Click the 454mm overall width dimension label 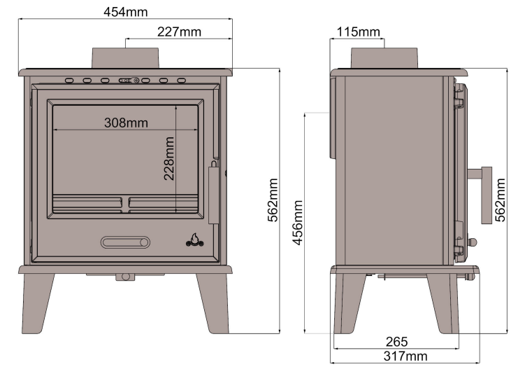click(125, 12)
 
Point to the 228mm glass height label click(169, 158)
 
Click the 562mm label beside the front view click(273, 199)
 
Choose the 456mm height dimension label click(299, 220)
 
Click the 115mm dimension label click(358, 32)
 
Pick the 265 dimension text click(396, 342)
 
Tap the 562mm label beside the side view click(500, 199)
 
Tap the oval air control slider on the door click(126, 242)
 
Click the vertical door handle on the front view click(213, 194)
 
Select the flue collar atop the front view click(126, 58)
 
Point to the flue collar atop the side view click(384, 58)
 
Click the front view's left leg click(38, 300)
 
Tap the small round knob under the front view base click(126, 277)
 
